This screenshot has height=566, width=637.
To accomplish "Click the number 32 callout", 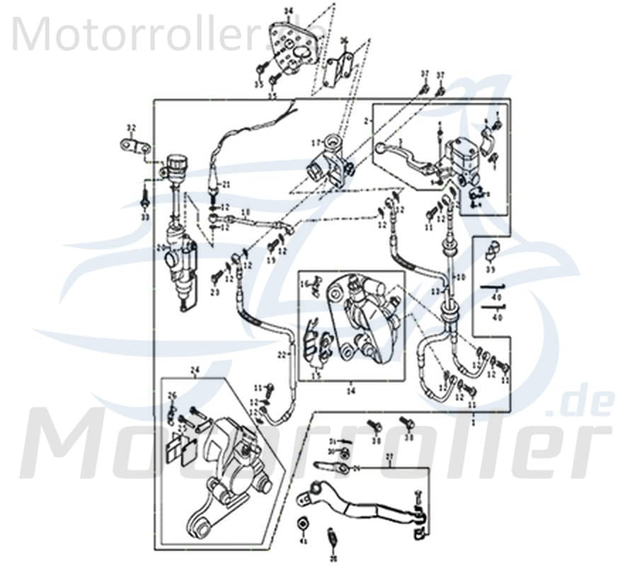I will coord(130,128).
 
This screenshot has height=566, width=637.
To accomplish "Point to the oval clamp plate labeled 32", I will coord(135,146).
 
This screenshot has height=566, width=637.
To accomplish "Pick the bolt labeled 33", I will coord(144,198).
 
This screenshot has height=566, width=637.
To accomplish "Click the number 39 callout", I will coord(490,270).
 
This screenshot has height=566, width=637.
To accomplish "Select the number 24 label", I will coord(195,369).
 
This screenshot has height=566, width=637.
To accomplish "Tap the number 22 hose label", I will coord(281,354).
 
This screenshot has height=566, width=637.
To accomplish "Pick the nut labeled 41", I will coord(302,524).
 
